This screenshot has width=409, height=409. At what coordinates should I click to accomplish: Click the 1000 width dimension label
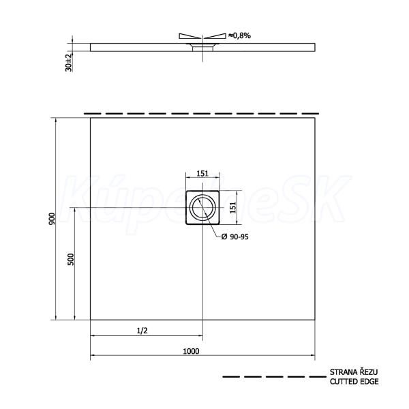[x=191, y=351]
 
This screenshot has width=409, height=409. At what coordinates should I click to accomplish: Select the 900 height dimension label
[x=52, y=219]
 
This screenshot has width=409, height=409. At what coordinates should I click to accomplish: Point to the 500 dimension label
[x=71, y=259]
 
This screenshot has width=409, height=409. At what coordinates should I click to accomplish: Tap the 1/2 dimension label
[x=142, y=331]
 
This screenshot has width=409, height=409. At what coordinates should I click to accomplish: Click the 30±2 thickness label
[x=68, y=63]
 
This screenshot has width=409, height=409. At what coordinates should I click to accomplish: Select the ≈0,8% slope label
[x=239, y=35]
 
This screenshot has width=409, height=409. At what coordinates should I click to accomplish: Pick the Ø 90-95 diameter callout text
[x=234, y=237]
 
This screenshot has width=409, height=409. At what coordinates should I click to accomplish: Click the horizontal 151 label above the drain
[x=202, y=173]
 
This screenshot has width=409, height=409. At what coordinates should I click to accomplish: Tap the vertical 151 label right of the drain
[x=233, y=208]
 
